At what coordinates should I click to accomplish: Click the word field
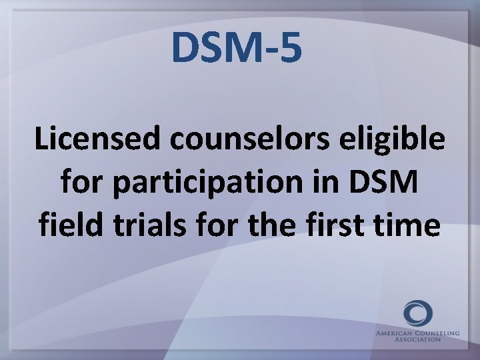(67, 225)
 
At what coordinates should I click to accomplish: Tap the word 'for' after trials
(217, 225)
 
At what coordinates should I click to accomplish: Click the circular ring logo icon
(417, 313)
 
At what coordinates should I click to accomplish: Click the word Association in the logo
(417, 339)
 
